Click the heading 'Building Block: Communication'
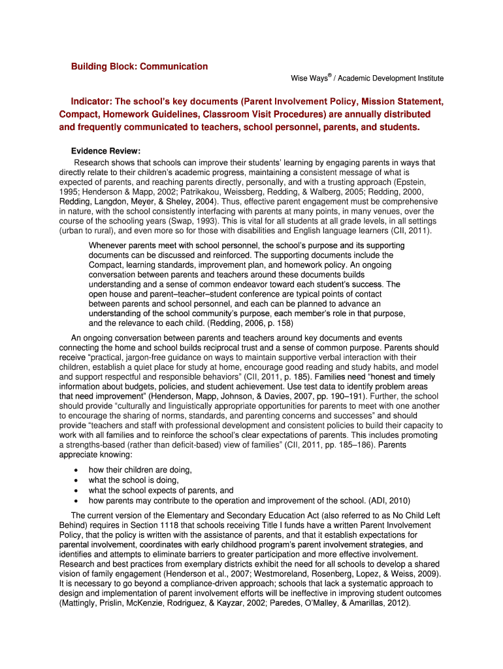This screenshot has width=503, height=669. coord(139,67)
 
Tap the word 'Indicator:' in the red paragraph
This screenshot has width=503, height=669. coord(91,102)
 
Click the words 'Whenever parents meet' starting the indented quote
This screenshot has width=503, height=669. coord(134,245)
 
